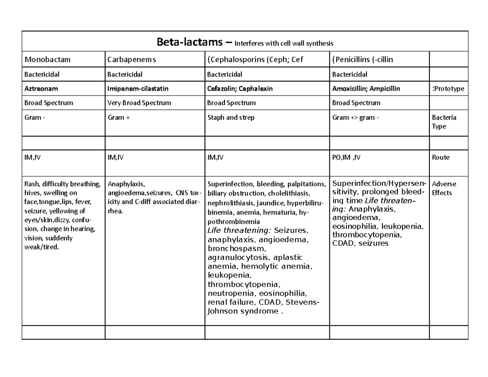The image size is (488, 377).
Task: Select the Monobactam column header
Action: [x=48, y=59]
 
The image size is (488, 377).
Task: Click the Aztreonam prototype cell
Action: [x=41, y=89]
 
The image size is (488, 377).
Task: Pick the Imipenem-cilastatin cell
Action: [x=137, y=89]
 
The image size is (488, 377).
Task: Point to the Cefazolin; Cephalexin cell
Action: [x=240, y=89]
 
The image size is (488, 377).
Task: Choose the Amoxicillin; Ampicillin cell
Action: [x=366, y=89]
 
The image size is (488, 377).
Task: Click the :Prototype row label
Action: [x=448, y=89]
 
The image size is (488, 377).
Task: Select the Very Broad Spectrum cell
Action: [x=139, y=103]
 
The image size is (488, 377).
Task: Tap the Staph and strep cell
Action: [x=231, y=118]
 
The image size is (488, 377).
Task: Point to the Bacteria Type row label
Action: [x=444, y=122]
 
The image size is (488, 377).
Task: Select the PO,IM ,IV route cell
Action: [x=346, y=157]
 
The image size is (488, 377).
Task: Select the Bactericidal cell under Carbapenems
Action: [x=124, y=74]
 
